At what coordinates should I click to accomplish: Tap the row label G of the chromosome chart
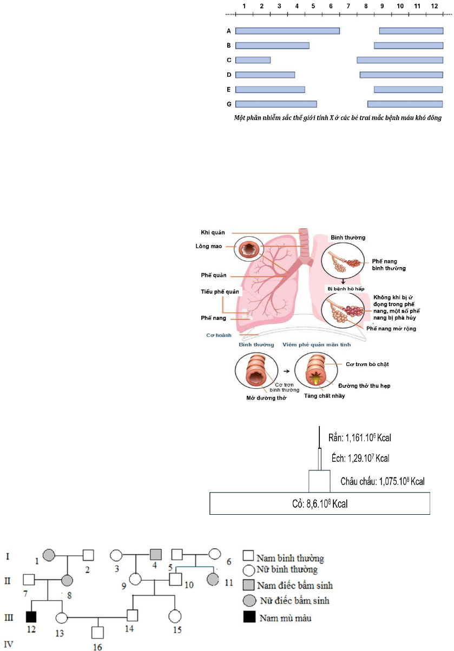pyautogui.click(x=229, y=104)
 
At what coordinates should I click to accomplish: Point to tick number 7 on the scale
pyautogui.click(x=348, y=5)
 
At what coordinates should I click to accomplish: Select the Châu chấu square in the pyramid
pyautogui.click(x=319, y=481)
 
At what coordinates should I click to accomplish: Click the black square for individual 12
pyautogui.click(x=31, y=616)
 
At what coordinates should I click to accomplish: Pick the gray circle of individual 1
pyautogui.click(x=49, y=554)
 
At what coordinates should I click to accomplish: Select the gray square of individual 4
pyautogui.click(x=155, y=554)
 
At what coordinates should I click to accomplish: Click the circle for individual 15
pyautogui.click(x=174, y=616)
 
